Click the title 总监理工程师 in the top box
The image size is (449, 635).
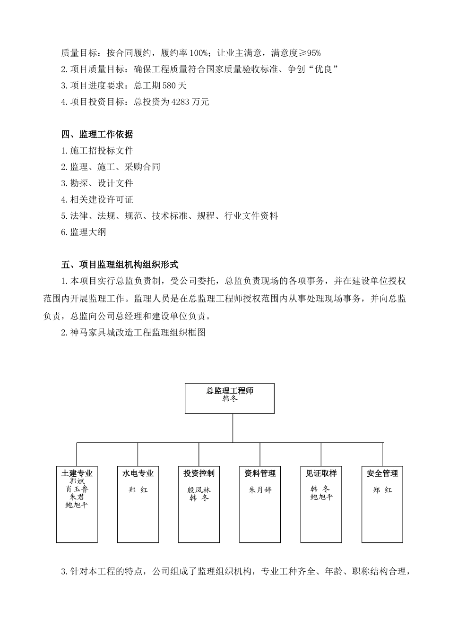click(x=230, y=391)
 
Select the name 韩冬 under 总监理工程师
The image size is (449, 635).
click(x=230, y=399)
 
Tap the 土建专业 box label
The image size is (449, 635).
click(x=77, y=473)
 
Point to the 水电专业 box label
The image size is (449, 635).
click(x=138, y=473)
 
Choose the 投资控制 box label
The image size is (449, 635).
click(x=199, y=473)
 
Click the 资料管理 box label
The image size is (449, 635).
click(x=260, y=473)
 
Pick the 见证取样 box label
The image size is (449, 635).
click(x=321, y=473)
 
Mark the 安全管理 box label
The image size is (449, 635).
click(x=382, y=473)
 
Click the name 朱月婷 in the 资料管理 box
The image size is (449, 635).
click(x=260, y=490)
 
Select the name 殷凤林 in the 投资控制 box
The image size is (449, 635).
click(x=199, y=490)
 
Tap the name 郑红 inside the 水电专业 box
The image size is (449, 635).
click(x=138, y=490)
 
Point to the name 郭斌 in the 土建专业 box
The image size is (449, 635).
click(x=77, y=481)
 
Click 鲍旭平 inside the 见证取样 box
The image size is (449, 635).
click(x=321, y=497)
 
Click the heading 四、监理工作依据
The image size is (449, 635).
click(x=97, y=135)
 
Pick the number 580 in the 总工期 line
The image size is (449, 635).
click(x=168, y=86)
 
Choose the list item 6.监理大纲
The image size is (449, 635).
click(x=84, y=232)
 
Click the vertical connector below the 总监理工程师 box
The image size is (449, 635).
click(x=233, y=428)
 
